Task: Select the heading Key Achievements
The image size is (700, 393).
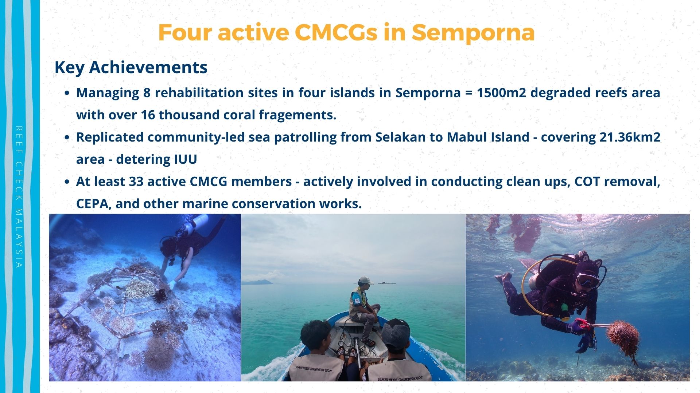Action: [131, 68]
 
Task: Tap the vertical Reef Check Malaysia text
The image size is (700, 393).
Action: [19, 197]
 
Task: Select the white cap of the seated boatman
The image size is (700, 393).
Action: [365, 281]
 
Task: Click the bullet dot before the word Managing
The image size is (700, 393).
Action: [67, 93]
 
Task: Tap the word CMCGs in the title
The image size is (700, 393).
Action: [335, 33]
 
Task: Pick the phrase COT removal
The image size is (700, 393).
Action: [617, 182]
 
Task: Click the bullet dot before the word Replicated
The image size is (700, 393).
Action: [67, 138]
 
